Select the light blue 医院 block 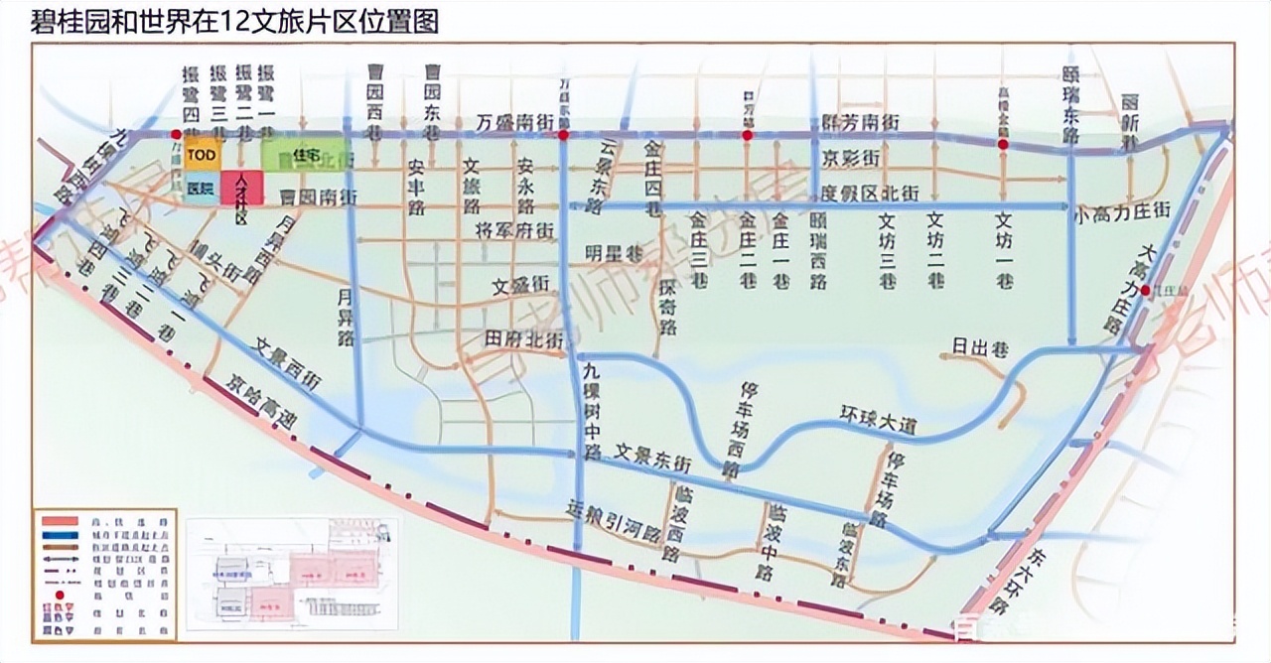point(200,189)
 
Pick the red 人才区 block point(241,187)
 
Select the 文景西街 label point(288,363)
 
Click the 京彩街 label point(851,158)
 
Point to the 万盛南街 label point(513,121)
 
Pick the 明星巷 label point(615,252)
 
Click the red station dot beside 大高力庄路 point(1146,290)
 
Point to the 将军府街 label point(513,230)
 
